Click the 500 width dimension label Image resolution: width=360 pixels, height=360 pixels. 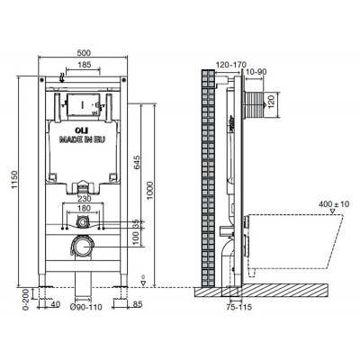[84, 53]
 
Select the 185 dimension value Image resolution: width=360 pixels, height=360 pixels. [85, 65]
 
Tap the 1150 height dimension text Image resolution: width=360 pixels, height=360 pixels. [14, 180]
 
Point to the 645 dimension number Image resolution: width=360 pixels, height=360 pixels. [137, 162]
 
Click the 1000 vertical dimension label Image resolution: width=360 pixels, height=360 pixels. [150, 191]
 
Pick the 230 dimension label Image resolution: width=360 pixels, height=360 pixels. [85, 198]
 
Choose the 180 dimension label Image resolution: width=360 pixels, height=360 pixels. [84, 208]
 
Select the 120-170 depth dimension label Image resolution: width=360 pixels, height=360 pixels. [231, 65]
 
